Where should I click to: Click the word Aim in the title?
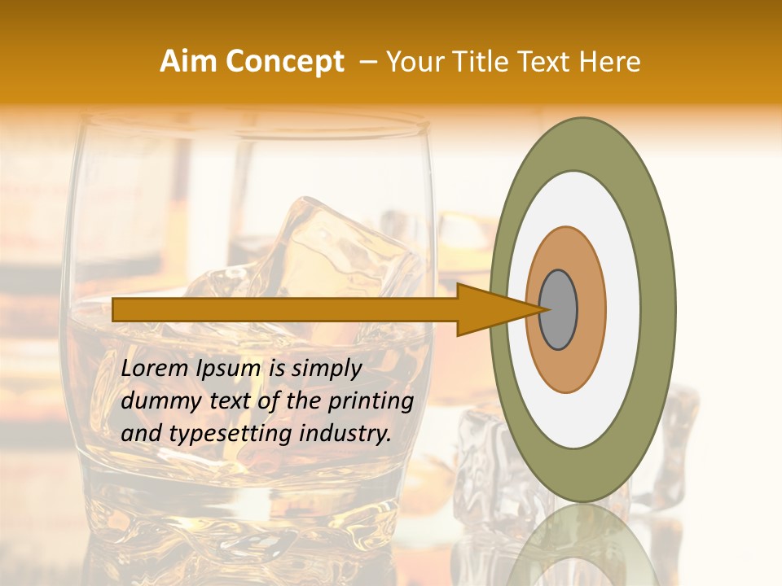coord(189,62)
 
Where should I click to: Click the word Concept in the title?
coord(283,62)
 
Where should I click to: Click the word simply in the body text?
coord(326,369)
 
